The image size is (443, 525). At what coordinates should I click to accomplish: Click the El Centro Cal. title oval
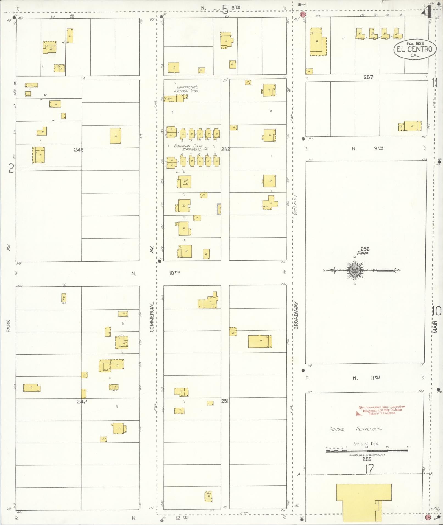point(415,49)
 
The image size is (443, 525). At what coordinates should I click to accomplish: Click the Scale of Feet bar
point(367,450)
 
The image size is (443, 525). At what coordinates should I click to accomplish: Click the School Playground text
point(356,429)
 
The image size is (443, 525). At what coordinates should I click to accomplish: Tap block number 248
point(79,150)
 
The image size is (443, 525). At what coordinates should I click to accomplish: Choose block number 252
point(225,150)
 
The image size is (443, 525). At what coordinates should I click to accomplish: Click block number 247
point(82,402)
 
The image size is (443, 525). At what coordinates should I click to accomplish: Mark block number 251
point(225,401)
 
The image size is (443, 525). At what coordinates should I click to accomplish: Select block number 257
point(368,77)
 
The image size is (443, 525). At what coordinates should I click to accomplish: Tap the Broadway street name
point(296,315)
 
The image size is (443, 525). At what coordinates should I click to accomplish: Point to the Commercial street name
point(151,317)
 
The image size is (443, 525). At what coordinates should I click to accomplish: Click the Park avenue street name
point(9,326)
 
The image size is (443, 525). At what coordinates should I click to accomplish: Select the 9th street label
point(378,148)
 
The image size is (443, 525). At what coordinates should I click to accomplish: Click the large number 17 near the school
point(369,469)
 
